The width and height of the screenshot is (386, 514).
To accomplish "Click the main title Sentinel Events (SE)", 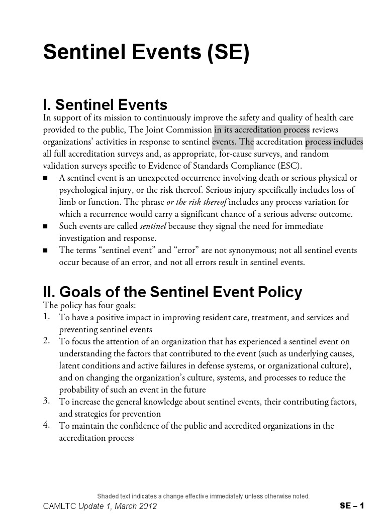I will point(146,53).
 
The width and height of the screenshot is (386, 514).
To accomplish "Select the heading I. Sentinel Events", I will point(105,105).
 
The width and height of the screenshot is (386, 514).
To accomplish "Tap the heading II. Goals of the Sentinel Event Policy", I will point(172,292).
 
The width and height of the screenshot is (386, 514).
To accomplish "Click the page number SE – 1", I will point(351,506).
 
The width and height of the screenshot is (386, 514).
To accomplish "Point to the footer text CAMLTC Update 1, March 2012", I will point(100,506).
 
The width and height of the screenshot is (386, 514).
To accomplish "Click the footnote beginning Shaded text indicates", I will point(203,496).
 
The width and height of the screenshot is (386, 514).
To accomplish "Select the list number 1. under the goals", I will point(46,316).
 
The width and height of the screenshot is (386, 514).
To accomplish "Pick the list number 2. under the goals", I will point(46,340).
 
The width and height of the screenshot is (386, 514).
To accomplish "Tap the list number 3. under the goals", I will point(46,401).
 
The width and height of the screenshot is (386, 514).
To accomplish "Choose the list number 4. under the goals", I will point(46,425).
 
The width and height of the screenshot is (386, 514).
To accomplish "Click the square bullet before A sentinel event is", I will point(46,178).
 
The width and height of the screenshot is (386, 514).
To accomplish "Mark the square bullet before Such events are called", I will point(46,226).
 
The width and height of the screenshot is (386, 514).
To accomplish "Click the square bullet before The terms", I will point(46,250).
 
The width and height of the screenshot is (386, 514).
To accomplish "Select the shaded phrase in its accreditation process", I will point(261,130).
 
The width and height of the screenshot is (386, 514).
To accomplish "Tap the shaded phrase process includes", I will point(334,142).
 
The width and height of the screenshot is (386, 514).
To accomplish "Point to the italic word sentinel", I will point(153,226).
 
